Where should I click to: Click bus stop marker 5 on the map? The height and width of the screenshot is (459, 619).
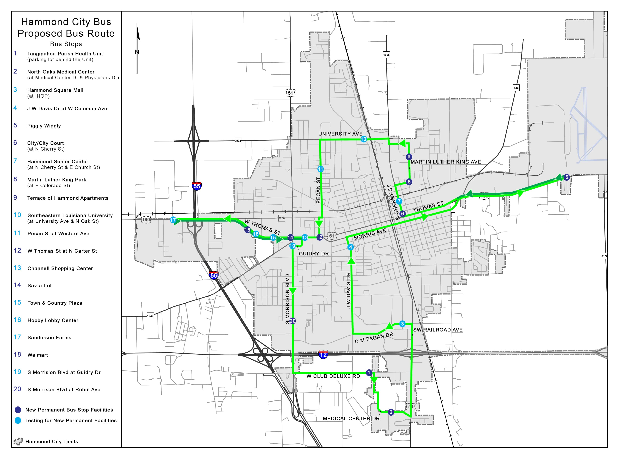566,177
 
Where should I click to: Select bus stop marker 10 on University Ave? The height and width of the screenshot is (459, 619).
363,139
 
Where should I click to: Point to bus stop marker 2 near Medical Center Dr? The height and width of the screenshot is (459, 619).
391,412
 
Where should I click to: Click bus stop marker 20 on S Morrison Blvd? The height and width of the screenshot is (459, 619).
292,321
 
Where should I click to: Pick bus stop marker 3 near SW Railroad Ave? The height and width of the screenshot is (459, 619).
402,324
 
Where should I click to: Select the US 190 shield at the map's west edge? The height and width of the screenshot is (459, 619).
146,220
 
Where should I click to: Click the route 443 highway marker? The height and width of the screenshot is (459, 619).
516,88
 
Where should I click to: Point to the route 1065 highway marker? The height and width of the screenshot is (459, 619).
386,55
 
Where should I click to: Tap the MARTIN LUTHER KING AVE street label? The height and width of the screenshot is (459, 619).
445,162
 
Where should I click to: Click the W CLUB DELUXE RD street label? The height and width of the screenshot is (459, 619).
333,376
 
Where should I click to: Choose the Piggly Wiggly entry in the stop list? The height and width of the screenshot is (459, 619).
44,126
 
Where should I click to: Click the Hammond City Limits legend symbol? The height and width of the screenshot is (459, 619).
18,441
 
